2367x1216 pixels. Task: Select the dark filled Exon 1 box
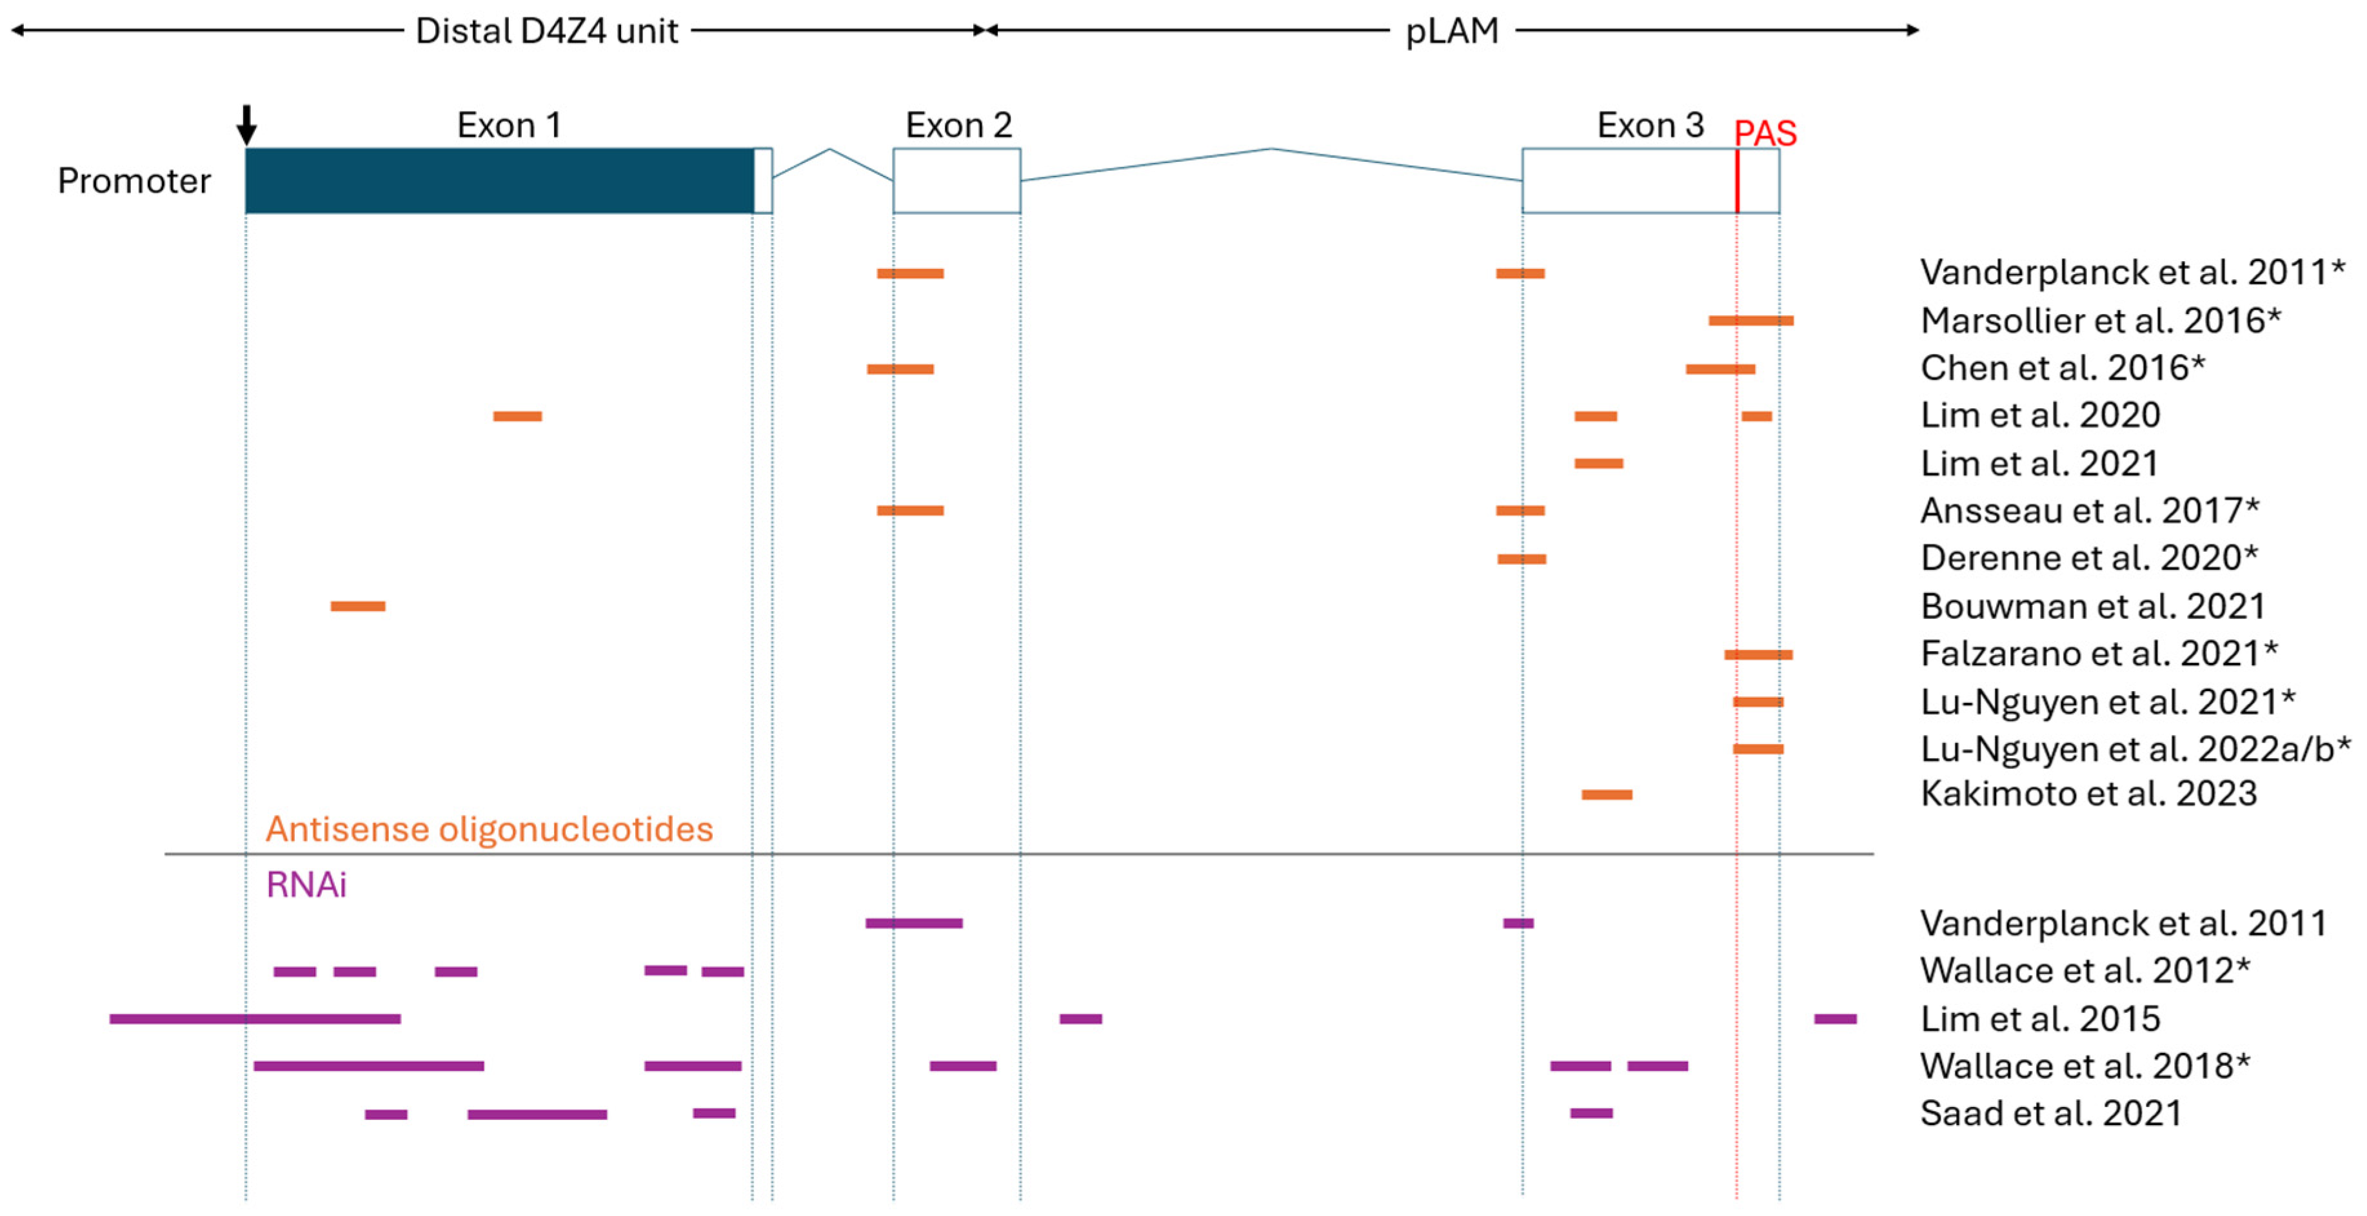pos(499,181)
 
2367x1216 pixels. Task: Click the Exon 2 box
pos(956,181)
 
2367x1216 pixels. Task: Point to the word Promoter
pos(134,181)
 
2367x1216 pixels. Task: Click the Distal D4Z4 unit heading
pos(547,31)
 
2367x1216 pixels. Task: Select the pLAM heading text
pos(1452,31)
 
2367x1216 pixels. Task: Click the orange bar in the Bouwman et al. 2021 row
pos(357,606)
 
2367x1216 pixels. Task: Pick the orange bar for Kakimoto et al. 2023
pos(1606,794)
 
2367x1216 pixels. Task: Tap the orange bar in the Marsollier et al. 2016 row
pos(1750,320)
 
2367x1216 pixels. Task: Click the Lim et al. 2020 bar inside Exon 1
pos(517,416)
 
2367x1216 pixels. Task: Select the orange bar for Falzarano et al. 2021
pos(1758,655)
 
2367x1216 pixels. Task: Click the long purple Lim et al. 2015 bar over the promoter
pos(255,1019)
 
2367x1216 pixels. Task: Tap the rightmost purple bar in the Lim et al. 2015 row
pos(1835,1019)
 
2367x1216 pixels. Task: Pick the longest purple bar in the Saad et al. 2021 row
pos(537,1114)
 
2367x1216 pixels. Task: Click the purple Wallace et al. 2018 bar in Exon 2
pos(962,1066)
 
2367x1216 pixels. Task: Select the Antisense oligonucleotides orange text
pos(489,829)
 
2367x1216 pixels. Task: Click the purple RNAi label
pos(306,885)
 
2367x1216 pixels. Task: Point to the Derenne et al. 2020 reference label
pos(2088,558)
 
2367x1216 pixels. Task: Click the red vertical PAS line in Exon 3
pos(1737,181)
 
